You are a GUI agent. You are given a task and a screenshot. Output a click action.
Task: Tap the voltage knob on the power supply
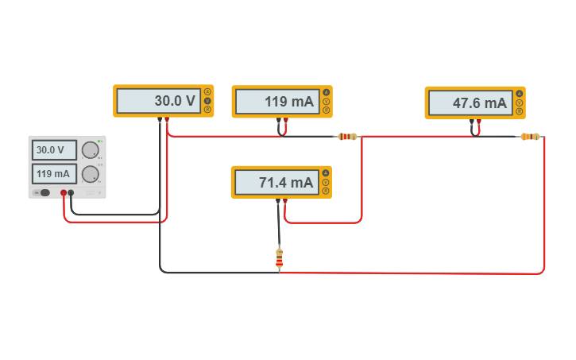[90, 150]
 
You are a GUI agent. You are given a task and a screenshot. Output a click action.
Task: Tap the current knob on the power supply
[90, 173]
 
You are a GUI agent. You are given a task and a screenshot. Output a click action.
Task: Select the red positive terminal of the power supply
[64, 192]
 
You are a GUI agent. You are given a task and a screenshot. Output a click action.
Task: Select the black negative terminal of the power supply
[71, 192]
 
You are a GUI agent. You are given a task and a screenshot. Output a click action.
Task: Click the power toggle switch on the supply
[44, 192]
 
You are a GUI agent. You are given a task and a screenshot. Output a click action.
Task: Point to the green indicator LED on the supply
[99, 141]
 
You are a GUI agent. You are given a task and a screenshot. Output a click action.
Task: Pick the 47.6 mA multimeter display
[469, 103]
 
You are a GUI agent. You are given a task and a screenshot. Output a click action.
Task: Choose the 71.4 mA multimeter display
[275, 182]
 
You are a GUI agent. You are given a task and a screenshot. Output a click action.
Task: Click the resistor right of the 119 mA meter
[347, 137]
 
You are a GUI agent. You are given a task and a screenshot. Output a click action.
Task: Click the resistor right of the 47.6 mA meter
[530, 137]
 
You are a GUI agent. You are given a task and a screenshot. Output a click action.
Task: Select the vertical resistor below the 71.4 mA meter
[279, 257]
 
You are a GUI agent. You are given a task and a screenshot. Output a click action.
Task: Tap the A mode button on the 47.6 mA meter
[519, 94]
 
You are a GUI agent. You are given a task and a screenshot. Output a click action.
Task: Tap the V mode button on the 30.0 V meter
[207, 101]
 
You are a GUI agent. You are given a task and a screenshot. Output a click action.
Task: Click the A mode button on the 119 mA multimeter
[326, 93]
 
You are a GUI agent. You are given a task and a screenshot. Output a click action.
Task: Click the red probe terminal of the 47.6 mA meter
[479, 122]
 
